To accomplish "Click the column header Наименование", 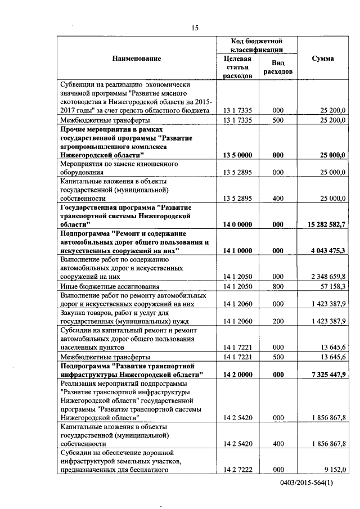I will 136,58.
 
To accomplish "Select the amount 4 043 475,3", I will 324,249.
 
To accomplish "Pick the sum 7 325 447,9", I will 324,374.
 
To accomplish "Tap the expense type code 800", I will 277,286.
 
